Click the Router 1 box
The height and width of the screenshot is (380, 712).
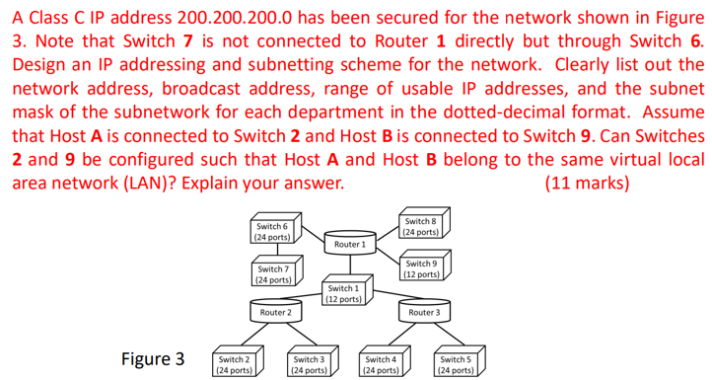(x=350, y=243)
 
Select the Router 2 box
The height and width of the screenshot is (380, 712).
(x=275, y=312)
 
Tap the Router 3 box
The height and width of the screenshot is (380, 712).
(x=423, y=312)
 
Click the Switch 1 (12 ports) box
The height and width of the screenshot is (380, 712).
(x=342, y=293)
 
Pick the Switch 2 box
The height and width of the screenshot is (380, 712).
(x=234, y=365)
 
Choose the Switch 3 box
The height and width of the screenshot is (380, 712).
(x=308, y=365)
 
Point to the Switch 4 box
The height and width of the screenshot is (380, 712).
(x=381, y=365)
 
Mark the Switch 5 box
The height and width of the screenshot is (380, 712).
(x=455, y=365)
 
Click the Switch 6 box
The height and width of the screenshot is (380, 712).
(x=271, y=232)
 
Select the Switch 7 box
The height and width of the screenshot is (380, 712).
(x=272, y=273)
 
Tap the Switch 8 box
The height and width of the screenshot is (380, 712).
(x=420, y=227)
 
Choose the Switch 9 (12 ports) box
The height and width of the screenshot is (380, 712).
(x=420, y=268)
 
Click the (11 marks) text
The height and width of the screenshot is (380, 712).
(x=585, y=183)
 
